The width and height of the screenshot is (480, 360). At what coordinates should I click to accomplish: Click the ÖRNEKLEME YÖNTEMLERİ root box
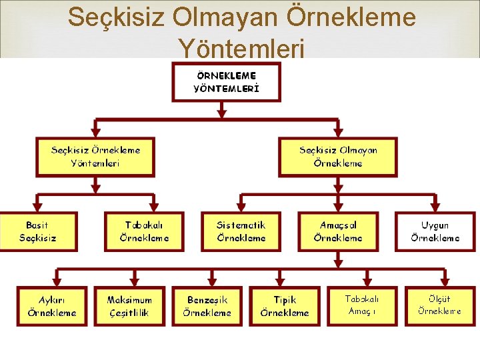click(227, 82)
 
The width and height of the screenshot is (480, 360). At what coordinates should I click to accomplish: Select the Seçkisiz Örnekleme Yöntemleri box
click(95, 157)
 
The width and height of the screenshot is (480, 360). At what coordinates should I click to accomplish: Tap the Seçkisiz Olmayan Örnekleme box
click(338, 157)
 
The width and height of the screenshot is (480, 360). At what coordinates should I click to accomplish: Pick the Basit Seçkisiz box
click(38, 231)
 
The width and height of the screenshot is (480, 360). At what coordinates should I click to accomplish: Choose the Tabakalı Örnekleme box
click(144, 231)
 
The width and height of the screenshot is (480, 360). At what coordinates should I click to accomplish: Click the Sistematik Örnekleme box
click(241, 231)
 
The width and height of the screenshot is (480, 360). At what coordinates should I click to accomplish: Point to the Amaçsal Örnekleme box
click(338, 231)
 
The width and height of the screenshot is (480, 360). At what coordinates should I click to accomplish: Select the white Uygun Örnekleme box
click(435, 231)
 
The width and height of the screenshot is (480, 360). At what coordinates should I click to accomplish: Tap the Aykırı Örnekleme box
click(52, 306)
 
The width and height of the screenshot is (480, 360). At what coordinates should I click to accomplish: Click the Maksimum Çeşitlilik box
click(129, 306)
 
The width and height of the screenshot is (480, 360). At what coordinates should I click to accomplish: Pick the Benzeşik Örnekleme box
click(207, 306)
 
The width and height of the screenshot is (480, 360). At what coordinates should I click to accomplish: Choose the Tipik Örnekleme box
click(285, 306)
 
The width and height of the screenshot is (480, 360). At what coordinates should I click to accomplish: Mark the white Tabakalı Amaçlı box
click(362, 306)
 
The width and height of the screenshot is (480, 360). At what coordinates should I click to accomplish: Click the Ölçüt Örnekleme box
click(440, 306)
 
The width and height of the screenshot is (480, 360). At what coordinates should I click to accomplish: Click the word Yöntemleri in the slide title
click(241, 48)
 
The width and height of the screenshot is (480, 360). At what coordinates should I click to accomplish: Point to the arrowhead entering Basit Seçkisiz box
click(38, 207)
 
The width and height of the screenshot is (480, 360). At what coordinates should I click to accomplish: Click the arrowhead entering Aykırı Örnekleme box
click(55, 281)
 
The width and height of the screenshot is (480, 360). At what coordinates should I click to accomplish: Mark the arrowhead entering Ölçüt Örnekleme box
click(443, 281)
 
